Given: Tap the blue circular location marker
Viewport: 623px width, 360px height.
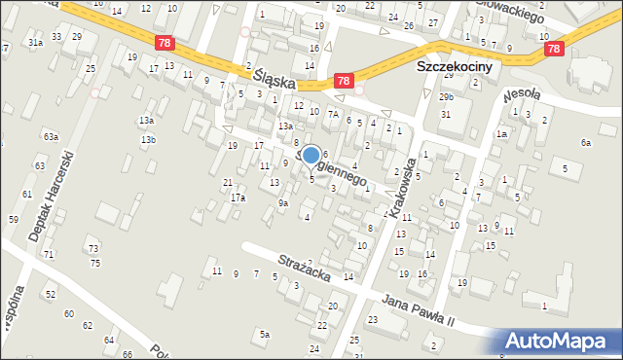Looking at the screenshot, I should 311,155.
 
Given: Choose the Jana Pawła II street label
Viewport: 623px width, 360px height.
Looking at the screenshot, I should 432,311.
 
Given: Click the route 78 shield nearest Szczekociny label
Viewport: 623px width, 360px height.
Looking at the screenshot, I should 343,84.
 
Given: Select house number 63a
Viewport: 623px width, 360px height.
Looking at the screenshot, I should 51,136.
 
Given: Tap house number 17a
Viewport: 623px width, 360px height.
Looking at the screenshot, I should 238,198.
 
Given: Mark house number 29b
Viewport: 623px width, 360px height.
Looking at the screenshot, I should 446,97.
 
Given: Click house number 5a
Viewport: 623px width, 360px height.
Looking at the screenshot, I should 264,335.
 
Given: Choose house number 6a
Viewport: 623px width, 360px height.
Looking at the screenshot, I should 586,143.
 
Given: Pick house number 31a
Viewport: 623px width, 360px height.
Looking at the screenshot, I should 35,43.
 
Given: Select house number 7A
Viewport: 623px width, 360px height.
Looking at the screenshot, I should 332,114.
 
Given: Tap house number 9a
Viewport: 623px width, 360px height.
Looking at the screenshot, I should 283,203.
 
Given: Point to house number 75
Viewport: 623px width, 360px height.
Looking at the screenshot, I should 94,264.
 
